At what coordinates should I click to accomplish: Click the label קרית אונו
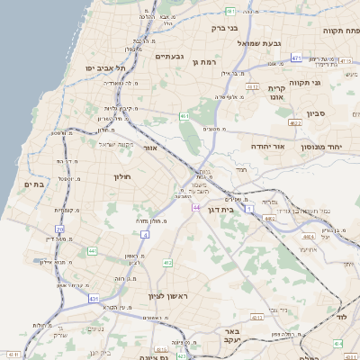coord(276,94)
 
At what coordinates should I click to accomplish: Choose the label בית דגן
coord(239,208)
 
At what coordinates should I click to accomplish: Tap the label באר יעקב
coord(233,336)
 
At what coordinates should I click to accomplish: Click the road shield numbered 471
coord(296,58)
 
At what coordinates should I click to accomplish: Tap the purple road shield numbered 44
coord(195,208)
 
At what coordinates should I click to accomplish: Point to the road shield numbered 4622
coord(295,122)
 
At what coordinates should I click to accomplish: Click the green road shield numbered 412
coord(167,262)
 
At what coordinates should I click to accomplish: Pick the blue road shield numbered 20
coord(59,229)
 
